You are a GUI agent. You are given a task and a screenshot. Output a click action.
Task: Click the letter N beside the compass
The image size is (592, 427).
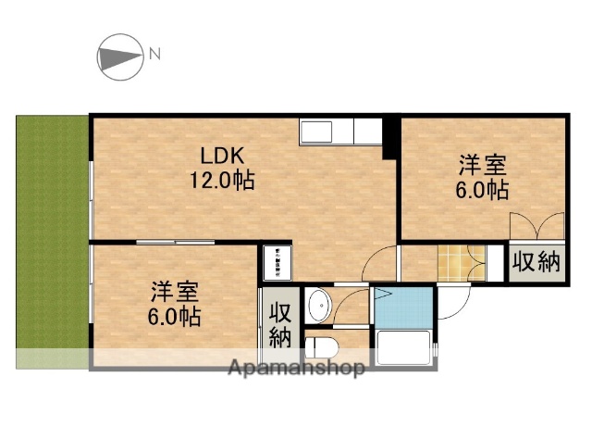coord(154,54)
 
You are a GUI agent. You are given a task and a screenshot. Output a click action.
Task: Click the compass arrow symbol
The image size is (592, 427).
coord(118,57)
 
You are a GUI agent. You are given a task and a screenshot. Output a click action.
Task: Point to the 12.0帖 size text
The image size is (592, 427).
coord(222,179)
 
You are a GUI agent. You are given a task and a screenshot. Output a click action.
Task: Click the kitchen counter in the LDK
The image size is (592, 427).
coord(339,132)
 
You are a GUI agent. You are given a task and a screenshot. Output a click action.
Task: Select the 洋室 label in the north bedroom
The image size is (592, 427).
coord(484,167)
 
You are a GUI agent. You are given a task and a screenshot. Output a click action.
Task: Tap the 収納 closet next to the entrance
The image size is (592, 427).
coord(536,262)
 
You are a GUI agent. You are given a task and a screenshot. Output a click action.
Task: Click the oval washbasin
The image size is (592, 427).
coord(319,304)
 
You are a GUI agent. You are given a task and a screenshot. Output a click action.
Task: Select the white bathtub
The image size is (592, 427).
coord(404,349)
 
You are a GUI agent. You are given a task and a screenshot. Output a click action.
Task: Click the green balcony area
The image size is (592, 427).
coord(52,236)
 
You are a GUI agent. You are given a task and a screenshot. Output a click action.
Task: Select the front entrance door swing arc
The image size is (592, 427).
coord(454,296)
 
